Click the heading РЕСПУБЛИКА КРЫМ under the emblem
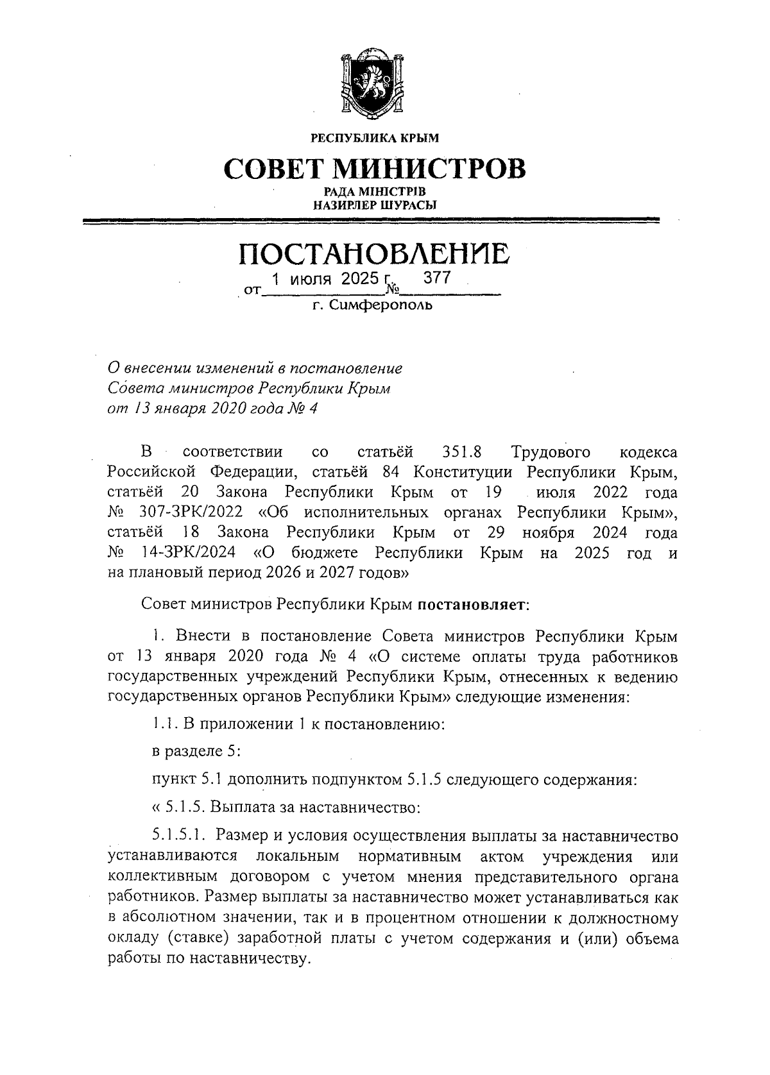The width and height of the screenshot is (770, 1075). coord(375,137)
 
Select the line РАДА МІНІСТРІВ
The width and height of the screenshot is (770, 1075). coord(374,192)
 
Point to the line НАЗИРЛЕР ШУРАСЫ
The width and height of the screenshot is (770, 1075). coord(374,206)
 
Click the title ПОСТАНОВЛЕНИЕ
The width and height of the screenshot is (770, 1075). coord(374,254)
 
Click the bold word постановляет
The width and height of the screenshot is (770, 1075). coord(474,604)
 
